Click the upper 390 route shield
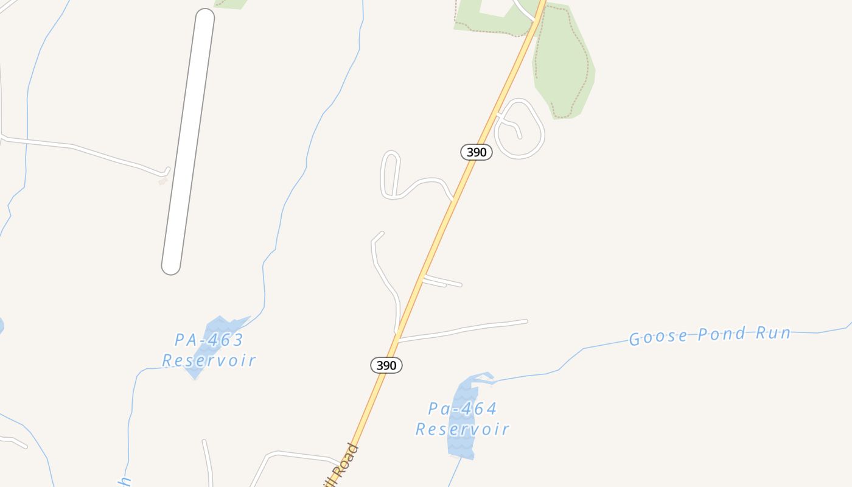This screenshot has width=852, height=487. click(476, 152)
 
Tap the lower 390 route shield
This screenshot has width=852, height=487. click(386, 365)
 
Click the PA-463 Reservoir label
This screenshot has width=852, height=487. click(209, 350)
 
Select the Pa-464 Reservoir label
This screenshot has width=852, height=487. click(463, 419)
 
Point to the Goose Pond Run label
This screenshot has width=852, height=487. click(710, 335)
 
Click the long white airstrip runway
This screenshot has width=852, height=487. click(188, 141)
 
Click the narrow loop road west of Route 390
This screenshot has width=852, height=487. click(390, 174)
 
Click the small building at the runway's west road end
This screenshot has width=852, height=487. click(162, 181)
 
